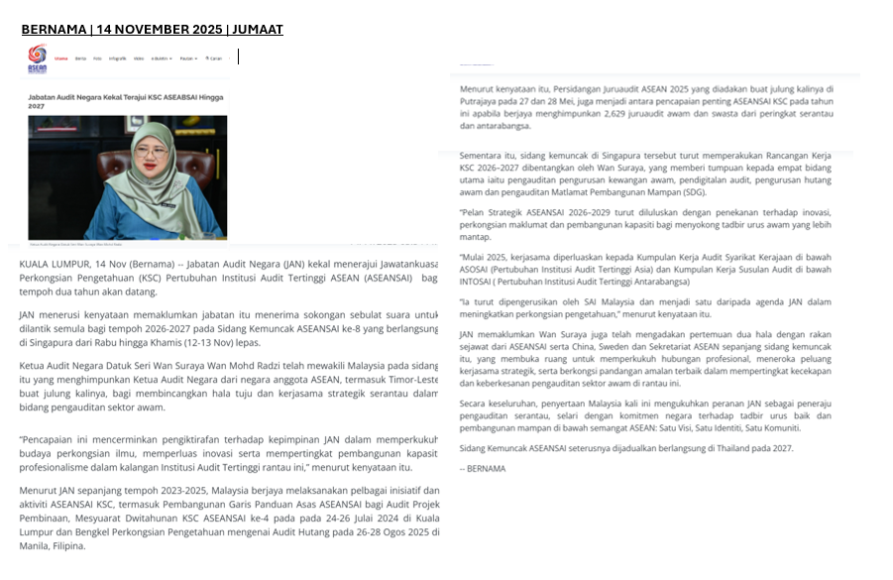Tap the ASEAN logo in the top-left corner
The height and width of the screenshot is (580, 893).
click(x=37, y=58)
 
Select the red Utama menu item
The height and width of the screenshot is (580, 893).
click(x=61, y=58)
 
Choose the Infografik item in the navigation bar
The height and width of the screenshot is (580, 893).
click(x=117, y=58)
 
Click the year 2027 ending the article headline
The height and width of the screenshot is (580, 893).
click(x=37, y=105)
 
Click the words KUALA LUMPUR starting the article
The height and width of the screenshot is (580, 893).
click(x=52, y=264)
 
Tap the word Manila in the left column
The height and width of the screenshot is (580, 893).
click(x=37, y=545)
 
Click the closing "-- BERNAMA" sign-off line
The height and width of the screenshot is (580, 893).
click(x=483, y=469)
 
